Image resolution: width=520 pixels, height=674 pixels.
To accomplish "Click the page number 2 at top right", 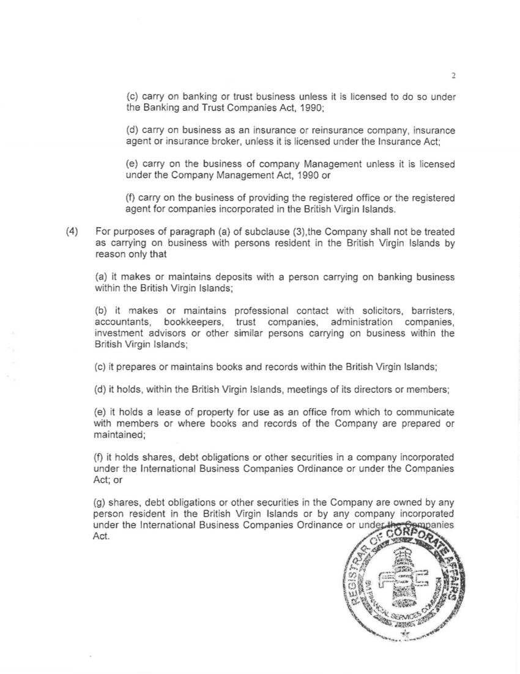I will point(453,77).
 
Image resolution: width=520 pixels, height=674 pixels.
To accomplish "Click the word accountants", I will point(119,322).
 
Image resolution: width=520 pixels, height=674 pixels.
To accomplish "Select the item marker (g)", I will point(100,502).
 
